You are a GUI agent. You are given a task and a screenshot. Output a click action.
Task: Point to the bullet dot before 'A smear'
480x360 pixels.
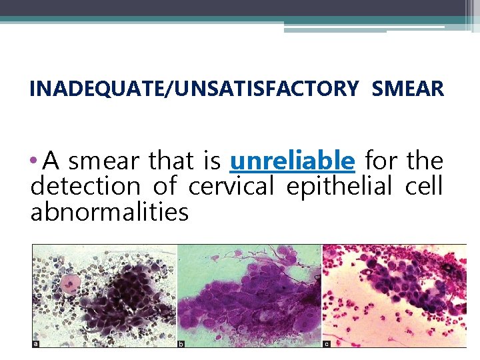click(x=35, y=161)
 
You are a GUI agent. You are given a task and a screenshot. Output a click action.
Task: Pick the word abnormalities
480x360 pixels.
click(x=110, y=213)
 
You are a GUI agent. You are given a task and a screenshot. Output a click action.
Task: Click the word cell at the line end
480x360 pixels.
click(x=424, y=187)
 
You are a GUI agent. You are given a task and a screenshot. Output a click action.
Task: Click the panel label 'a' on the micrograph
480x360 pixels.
click(x=36, y=343)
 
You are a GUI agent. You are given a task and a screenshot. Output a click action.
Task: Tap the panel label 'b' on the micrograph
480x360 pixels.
click(x=181, y=343)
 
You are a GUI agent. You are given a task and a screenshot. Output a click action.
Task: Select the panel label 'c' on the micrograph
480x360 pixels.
click(x=326, y=343)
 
